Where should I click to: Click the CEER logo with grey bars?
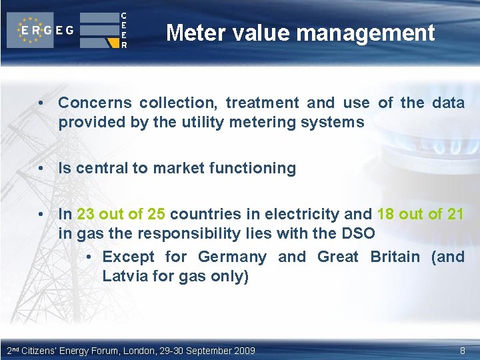(x=103, y=30)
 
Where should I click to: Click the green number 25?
(x=156, y=214)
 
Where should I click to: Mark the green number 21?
(x=455, y=214)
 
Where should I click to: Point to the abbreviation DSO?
(x=360, y=233)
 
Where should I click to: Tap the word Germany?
(x=233, y=257)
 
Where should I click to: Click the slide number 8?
(x=462, y=350)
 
